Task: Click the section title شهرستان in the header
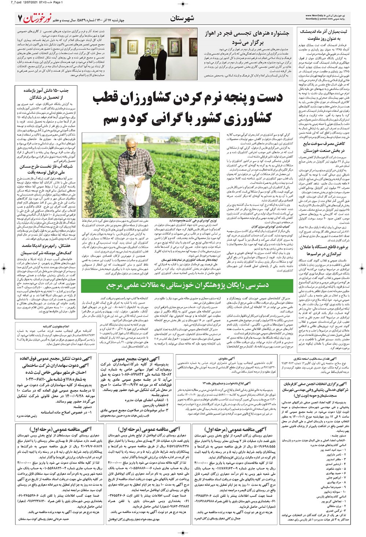pyautogui.click(x=182, y=18)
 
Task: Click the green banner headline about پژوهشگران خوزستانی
pyautogui.click(x=187, y=285)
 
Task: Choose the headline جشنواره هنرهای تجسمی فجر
pyautogui.click(x=247, y=33)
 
